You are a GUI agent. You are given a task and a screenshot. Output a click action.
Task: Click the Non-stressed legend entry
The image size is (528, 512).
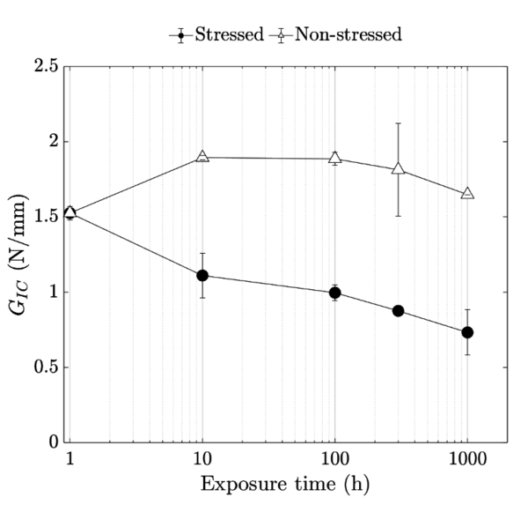(x=338, y=35)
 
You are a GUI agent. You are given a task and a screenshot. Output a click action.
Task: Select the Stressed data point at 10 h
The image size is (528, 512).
(x=202, y=275)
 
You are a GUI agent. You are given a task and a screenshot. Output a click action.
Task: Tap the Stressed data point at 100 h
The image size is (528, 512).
(x=334, y=293)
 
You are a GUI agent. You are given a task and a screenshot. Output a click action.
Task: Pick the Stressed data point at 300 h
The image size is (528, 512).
(x=398, y=311)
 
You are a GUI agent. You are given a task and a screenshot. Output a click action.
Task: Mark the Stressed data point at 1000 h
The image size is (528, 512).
(x=467, y=332)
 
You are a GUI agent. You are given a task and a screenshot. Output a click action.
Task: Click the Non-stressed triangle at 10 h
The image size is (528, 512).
(x=202, y=157)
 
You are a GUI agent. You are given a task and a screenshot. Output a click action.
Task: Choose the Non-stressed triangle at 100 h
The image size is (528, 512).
(x=334, y=159)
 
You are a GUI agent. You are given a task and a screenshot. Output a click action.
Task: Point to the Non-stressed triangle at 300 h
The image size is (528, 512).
(x=398, y=168)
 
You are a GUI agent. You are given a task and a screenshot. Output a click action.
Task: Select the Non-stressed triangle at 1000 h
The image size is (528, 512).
(x=467, y=193)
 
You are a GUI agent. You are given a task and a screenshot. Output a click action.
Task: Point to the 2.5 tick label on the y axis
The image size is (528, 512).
(x=48, y=67)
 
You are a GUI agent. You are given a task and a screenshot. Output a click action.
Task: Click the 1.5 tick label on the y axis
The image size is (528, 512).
(x=48, y=217)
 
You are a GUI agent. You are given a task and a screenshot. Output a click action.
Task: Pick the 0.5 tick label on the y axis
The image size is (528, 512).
(x=48, y=367)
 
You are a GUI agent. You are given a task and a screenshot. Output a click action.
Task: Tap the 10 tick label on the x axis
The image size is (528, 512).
(x=202, y=459)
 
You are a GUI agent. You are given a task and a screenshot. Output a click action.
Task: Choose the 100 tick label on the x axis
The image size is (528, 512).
(x=334, y=459)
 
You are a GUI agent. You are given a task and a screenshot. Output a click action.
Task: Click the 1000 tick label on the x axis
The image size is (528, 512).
(x=466, y=459)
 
